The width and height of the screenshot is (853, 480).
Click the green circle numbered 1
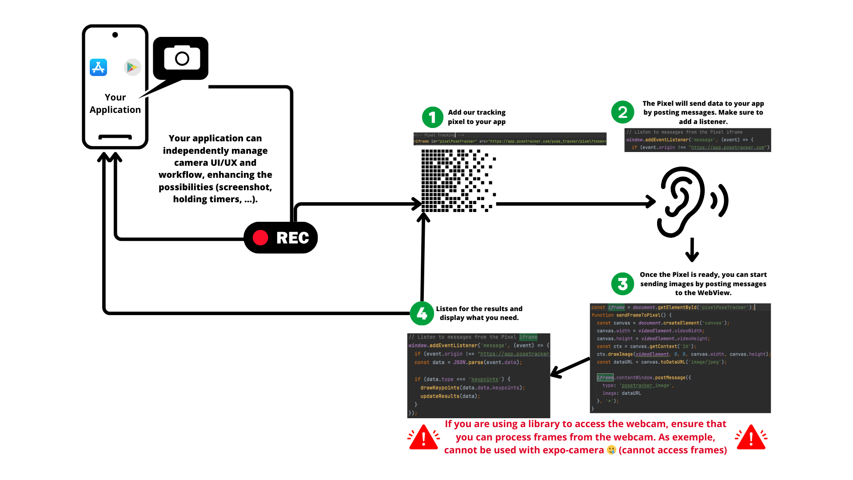click(432, 117)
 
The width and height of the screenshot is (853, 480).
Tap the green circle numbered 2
click(622, 112)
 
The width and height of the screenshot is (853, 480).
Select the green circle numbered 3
click(622, 284)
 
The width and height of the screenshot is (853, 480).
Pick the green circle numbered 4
click(422, 313)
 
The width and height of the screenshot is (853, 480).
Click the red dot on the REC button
click(260, 238)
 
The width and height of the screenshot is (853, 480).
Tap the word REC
click(292, 238)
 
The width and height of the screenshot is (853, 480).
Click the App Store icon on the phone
click(98, 68)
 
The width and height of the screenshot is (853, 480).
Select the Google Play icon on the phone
click(132, 68)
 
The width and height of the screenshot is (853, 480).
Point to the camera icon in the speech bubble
click(182, 58)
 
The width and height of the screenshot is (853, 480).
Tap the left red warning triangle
click(423, 437)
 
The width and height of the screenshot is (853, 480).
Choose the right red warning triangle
click(751, 437)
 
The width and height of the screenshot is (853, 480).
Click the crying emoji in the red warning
click(611, 450)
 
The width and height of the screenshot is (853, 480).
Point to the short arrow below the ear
click(692, 250)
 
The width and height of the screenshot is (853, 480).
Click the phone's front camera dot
click(115, 35)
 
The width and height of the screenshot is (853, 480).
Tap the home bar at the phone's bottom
click(115, 137)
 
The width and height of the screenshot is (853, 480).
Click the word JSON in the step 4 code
click(459, 363)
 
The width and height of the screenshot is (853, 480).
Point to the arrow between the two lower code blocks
click(570, 367)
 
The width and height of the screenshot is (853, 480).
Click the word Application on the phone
click(115, 110)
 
